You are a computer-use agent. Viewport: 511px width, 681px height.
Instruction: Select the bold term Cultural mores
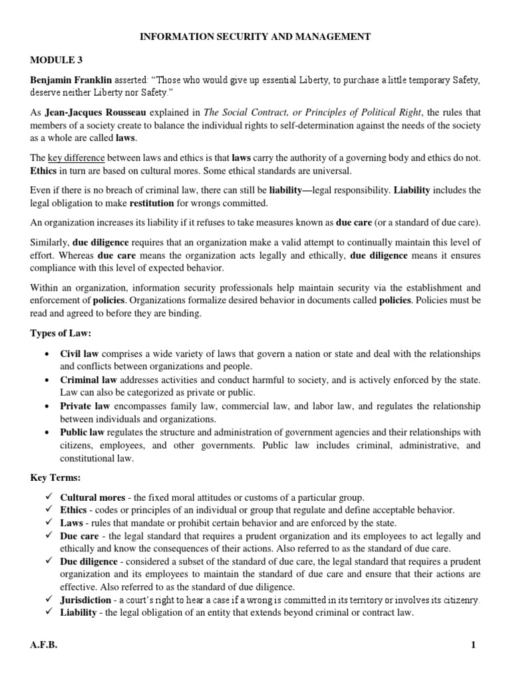92,497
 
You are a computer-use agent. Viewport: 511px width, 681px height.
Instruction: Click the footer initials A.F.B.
44,645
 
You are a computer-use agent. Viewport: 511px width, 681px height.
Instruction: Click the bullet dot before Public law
47,432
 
